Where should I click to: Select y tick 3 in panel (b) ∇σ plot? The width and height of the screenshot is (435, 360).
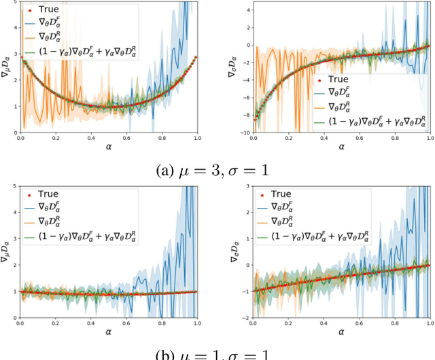point(246,186)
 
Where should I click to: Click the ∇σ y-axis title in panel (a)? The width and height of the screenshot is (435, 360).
point(232,66)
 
